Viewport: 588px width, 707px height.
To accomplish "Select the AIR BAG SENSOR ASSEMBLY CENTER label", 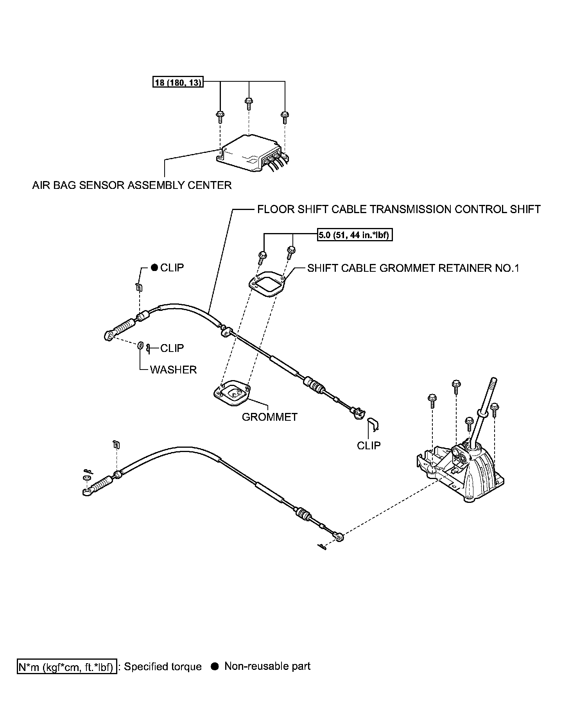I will pos(132,185).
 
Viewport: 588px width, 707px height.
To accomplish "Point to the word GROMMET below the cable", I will pos(270,417).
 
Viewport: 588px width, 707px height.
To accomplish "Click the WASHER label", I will pos(173,370).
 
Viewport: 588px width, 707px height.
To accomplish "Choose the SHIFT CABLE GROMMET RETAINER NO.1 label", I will pos(413,268).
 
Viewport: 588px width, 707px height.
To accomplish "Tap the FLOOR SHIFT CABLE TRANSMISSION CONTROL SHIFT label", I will pos(399,209).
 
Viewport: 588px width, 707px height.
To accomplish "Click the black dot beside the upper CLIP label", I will pos(154,267).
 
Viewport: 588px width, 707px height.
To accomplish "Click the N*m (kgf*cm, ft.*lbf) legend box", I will pos(67,667).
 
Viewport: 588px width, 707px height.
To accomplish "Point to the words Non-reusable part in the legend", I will pos(267,666).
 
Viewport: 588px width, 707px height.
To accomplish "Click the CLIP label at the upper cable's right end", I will pos(368,445).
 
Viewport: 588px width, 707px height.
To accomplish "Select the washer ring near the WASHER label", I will pos(140,346).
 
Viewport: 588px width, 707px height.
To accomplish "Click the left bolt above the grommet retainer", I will pos(262,256).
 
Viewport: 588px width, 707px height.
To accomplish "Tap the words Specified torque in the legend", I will pos(163,667).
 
